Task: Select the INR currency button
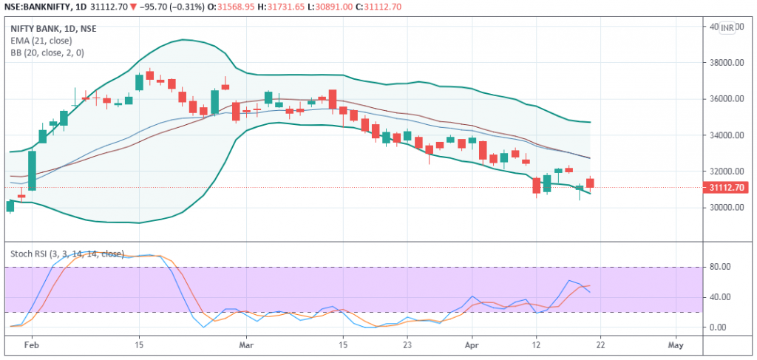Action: point(727,28)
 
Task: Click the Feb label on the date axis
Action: point(32,345)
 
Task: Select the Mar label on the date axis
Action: point(246,345)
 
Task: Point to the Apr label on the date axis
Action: point(472,345)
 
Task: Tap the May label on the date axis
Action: point(676,345)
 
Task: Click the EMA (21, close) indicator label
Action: point(41,41)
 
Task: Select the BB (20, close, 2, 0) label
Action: point(47,52)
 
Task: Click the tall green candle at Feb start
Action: point(32,170)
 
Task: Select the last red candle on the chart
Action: point(590,183)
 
